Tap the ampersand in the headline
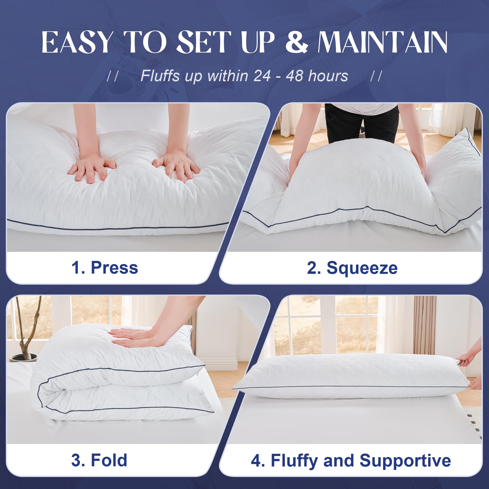click(297, 42)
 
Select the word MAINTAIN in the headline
click(382, 42)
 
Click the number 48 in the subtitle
click(294, 76)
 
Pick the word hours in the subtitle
click(328, 76)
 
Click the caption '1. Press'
click(105, 267)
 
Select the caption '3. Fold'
click(99, 460)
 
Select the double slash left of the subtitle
click(113, 76)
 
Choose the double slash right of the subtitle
click(376, 76)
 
